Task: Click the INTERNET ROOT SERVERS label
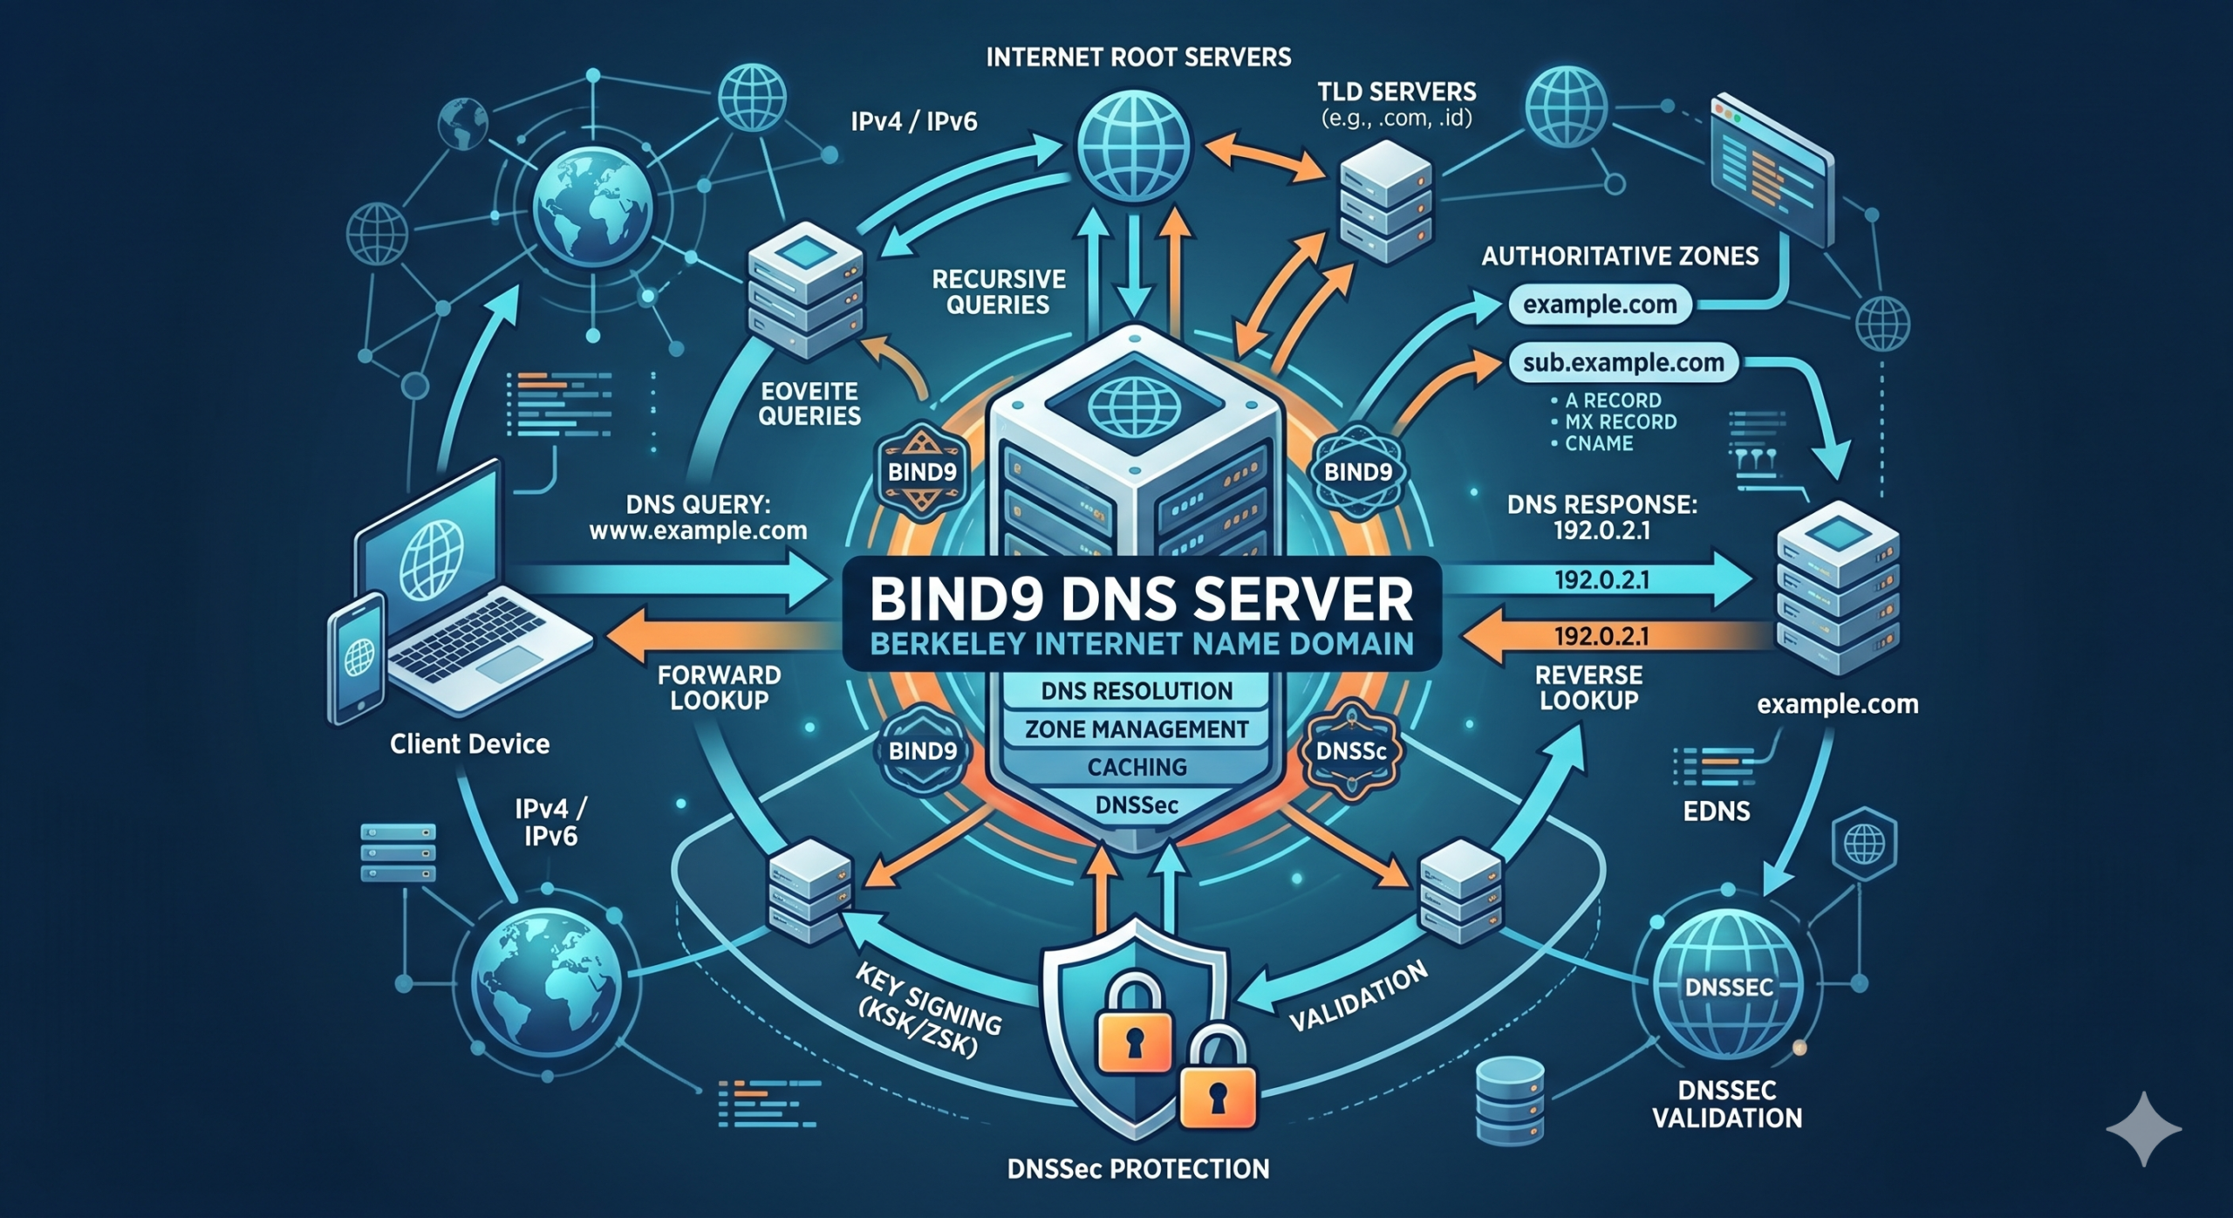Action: point(1138,58)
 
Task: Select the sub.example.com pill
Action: point(1622,363)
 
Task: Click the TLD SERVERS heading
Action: point(1396,92)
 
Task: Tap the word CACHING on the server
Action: point(1137,767)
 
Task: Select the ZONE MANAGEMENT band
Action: point(1137,729)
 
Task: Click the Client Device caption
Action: point(469,744)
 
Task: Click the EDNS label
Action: point(1717,812)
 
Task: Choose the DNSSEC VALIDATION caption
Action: point(1727,1104)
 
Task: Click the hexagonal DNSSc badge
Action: point(1350,751)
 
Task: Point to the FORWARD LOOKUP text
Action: point(719,687)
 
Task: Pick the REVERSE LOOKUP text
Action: point(1588,687)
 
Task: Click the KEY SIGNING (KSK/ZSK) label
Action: point(927,1012)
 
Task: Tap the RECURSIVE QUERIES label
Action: point(999,291)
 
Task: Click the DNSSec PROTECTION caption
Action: point(1138,1169)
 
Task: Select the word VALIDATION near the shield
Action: point(1358,996)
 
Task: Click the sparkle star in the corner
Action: point(2144,1128)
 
